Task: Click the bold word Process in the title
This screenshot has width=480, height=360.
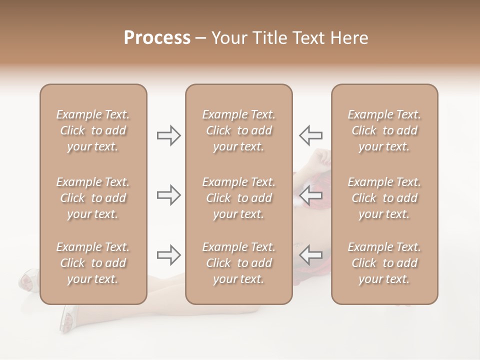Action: tap(157, 38)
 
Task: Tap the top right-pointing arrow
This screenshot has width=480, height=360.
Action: tap(168, 135)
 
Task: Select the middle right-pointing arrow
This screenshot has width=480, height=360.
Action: tap(168, 195)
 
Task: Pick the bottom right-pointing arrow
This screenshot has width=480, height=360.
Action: tap(168, 255)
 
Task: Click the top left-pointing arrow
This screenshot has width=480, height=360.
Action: tap(310, 135)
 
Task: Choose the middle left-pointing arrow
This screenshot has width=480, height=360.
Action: tap(310, 195)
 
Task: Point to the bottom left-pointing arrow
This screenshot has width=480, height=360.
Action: tap(310, 255)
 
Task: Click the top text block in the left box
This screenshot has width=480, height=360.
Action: tap(93, 130)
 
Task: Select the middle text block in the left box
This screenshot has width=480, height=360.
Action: tap(93, 198)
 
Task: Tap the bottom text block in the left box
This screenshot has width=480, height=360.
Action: tap(93, 263)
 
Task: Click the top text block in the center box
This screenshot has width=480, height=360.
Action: tap(238, 130)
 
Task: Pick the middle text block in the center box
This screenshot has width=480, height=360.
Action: tap(238, 198)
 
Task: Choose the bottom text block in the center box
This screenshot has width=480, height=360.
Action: tap(238, 263)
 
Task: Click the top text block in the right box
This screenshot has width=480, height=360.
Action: tap(384, 130)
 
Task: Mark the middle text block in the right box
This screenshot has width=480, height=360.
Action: tap(384, 198)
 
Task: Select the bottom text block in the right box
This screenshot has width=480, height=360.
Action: tap(384, 263)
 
